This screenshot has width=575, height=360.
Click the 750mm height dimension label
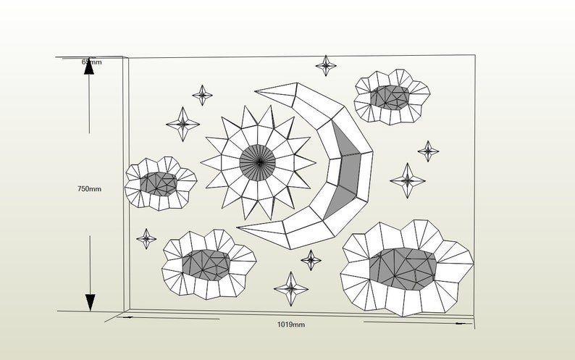coord(89,189)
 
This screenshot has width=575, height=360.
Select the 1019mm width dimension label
coord(291,325)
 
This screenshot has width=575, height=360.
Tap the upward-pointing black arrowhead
coord(89,70)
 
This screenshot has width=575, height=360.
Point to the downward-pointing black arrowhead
coord(90,302)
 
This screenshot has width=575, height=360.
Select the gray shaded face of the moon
coord(347,174)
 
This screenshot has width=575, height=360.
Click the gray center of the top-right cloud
coord(390,96)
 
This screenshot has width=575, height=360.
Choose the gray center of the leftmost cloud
coord(158,183)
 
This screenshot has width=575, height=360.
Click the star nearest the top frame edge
coord(326,65)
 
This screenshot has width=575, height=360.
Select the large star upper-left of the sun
coord(183,123)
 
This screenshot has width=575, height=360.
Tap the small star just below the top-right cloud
coord(428,151)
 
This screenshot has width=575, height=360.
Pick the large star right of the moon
coord(408,180)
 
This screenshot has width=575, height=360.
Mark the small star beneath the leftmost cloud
coord(147,238)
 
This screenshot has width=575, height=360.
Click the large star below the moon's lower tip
coord(291,288)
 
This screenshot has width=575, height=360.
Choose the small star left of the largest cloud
coord(311,259)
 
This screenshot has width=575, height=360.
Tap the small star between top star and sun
coord(202,94)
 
